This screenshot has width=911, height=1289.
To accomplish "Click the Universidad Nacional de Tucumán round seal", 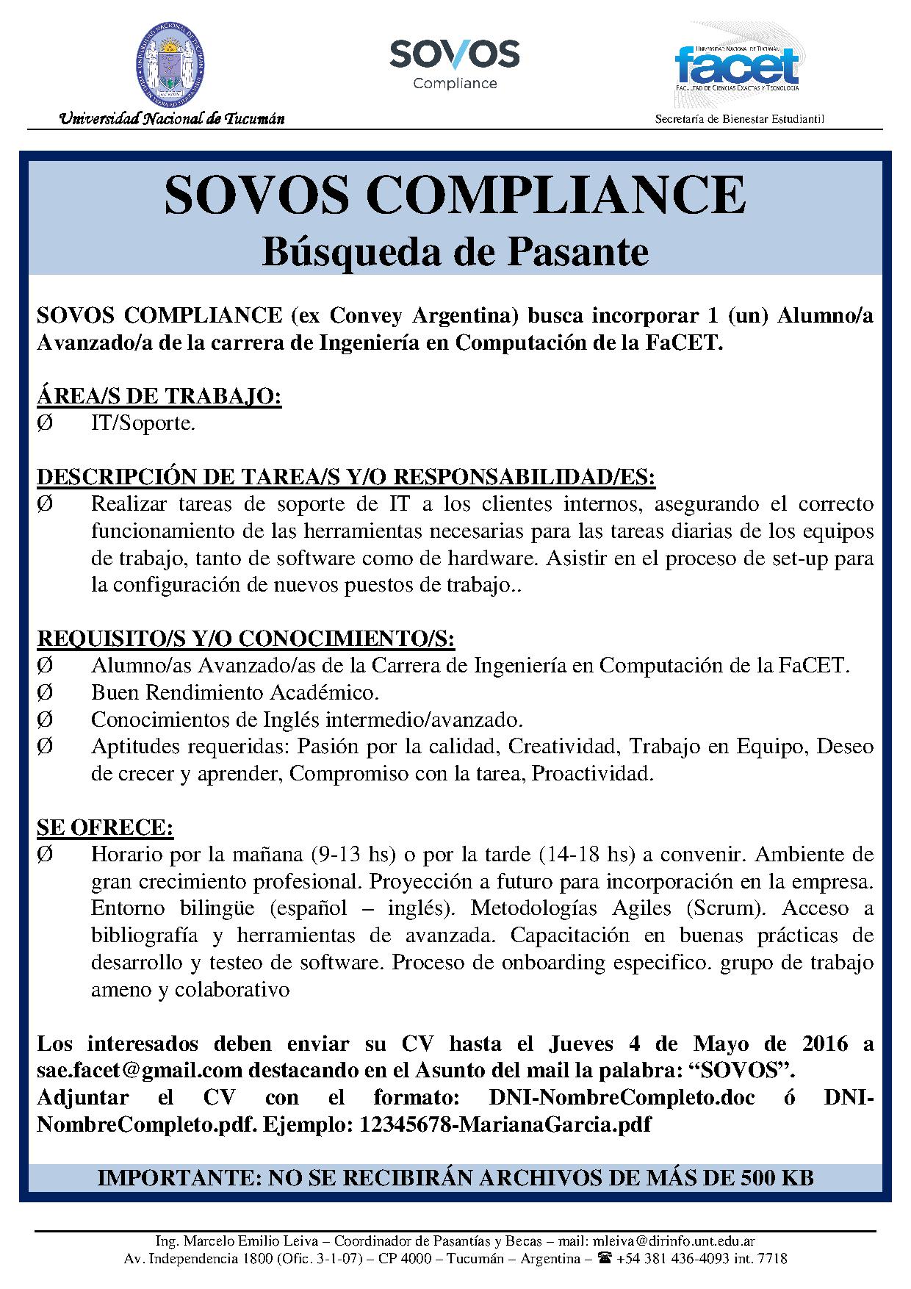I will click(x=170, y=65).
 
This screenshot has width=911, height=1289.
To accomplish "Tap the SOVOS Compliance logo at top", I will click(x=454, y=64).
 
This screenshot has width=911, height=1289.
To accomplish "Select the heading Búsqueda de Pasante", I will click(x=455, y=251).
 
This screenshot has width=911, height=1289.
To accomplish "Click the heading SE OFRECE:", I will click(x=105, y=827).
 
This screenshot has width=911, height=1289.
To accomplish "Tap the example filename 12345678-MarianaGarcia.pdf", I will click(x=505, y=1124).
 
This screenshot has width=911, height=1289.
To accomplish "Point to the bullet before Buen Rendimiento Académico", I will click(x=44, y=692).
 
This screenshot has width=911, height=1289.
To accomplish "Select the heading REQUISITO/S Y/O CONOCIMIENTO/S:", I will click(x=246, y=639).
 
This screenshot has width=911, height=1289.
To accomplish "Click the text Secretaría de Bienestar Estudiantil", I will click(x=740, y=119).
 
